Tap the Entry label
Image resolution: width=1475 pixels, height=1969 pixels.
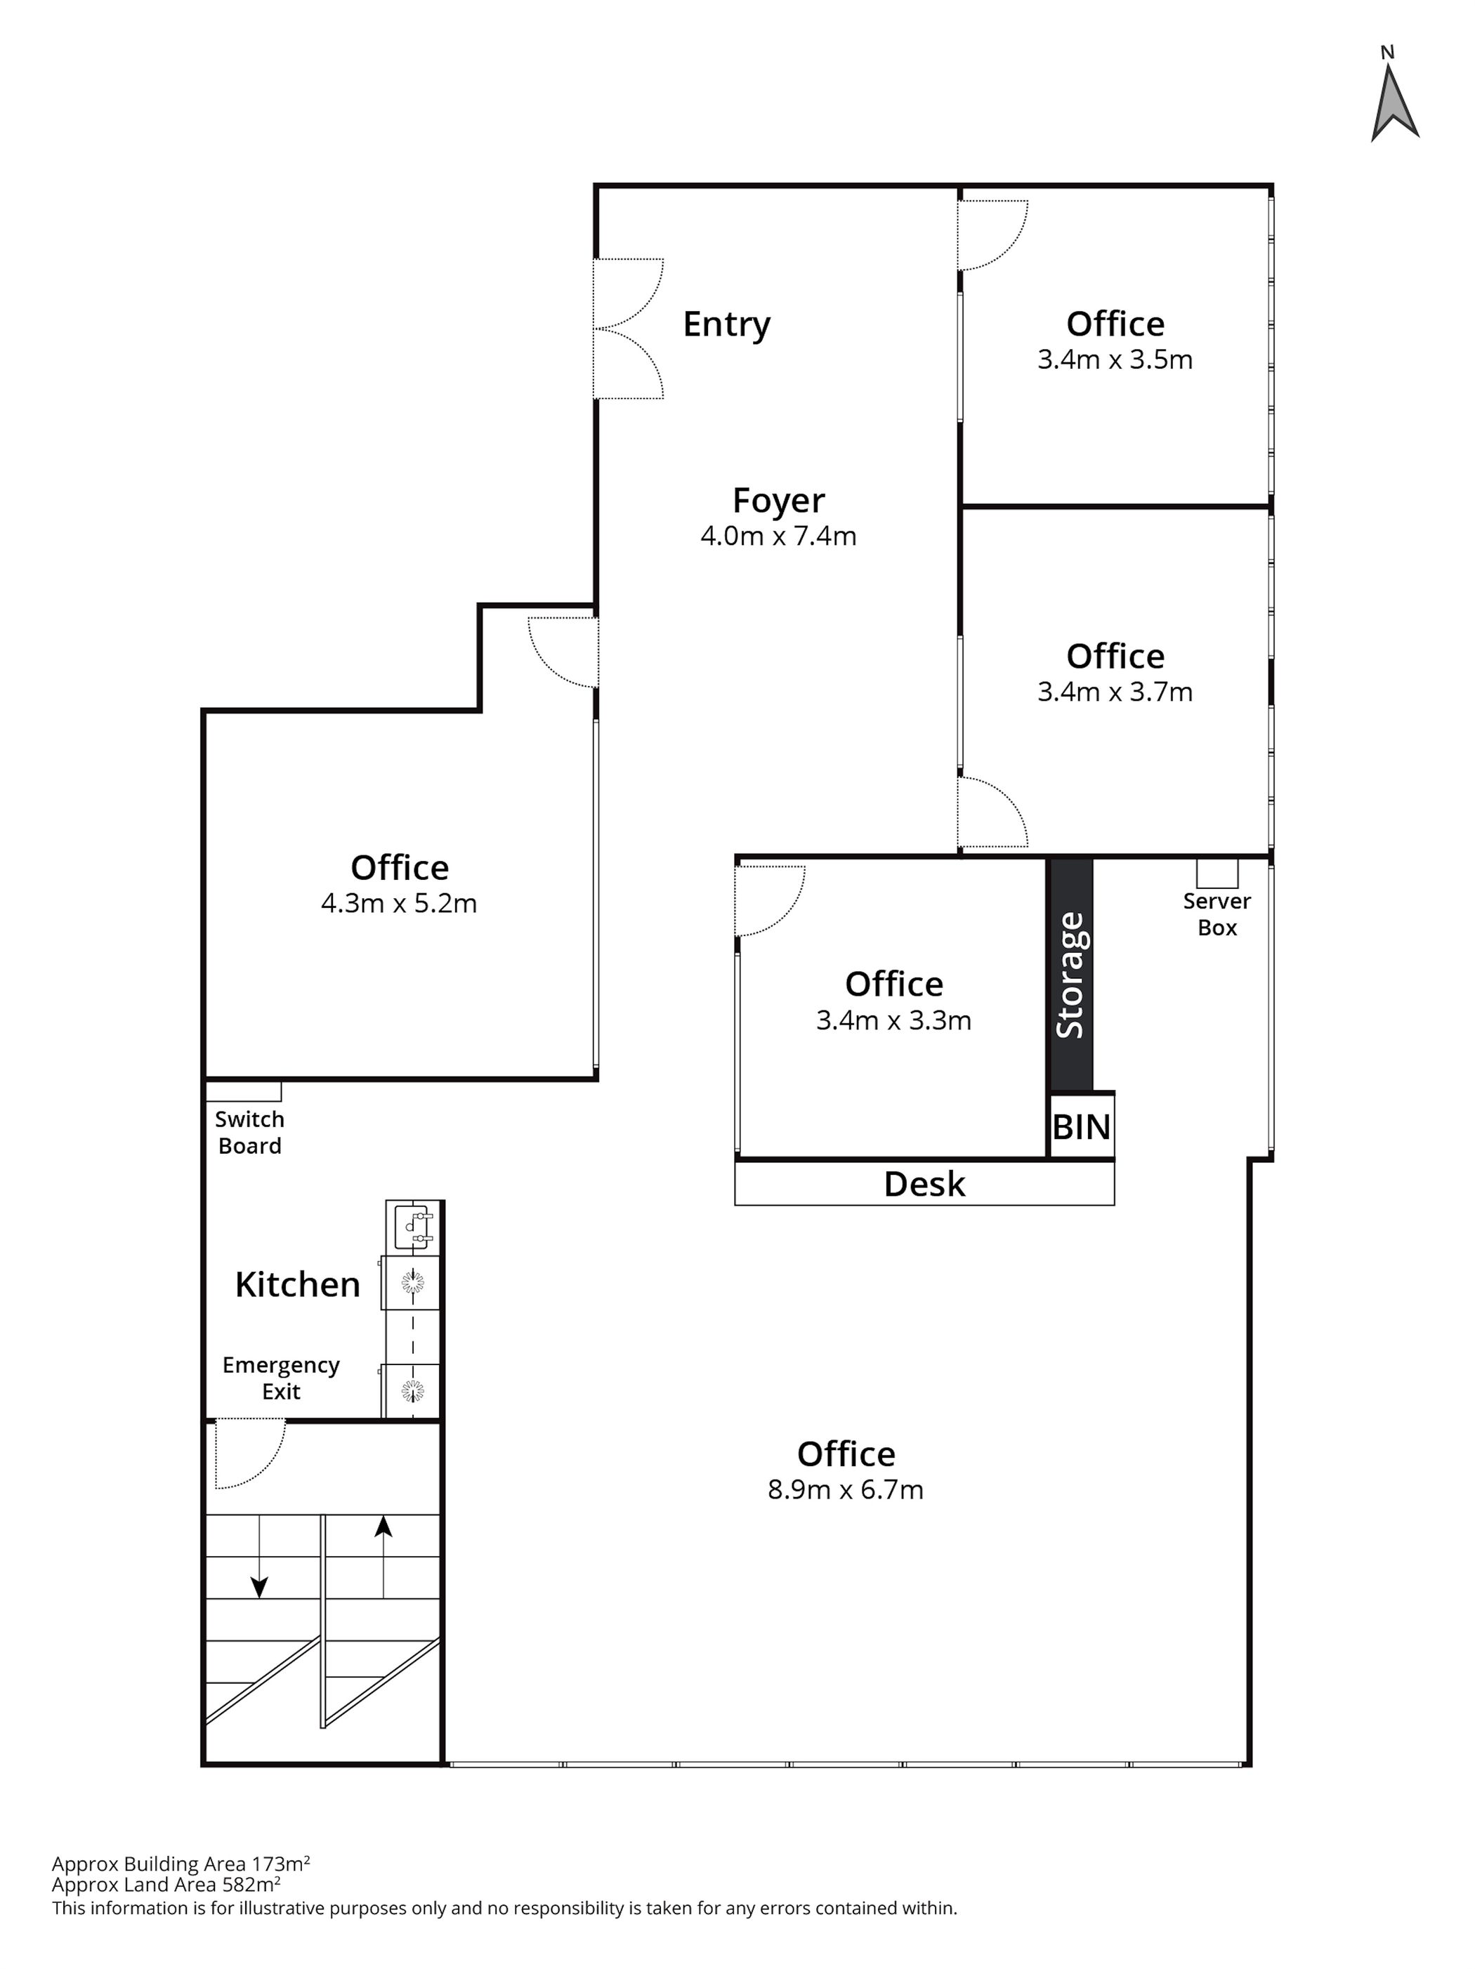(x=726, y=325)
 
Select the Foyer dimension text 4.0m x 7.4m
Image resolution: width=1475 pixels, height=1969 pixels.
(x=778, y=536)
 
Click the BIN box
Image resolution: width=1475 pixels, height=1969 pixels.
(x=1081, y=1126)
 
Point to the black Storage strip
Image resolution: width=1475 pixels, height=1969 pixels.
(x=1070, y=975)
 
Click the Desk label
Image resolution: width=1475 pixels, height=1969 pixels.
(x=924, y=1184)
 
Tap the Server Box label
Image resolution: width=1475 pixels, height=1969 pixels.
(x=1217, y=914)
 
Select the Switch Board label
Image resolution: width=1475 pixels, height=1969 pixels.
(x=249, y=1132)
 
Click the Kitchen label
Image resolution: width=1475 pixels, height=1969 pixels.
(x=297, y=1284)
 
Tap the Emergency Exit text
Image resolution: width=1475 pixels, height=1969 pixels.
(x=280, y=1378)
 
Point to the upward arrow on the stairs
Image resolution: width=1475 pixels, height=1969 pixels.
(x=383, y=1557)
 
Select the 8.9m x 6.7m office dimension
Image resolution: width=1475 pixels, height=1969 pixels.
(x=845, y=1489)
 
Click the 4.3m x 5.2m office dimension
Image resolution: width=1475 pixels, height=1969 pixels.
(x=399, y=904)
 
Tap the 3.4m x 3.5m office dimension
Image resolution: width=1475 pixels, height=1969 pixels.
(x=1115, y=360)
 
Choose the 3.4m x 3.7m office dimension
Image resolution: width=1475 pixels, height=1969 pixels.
(x=1115, y=692)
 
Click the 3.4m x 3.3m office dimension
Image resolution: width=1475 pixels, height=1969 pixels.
(x=893, y=1020)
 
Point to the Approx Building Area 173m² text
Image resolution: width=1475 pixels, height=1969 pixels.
(x=181, y=1864)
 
